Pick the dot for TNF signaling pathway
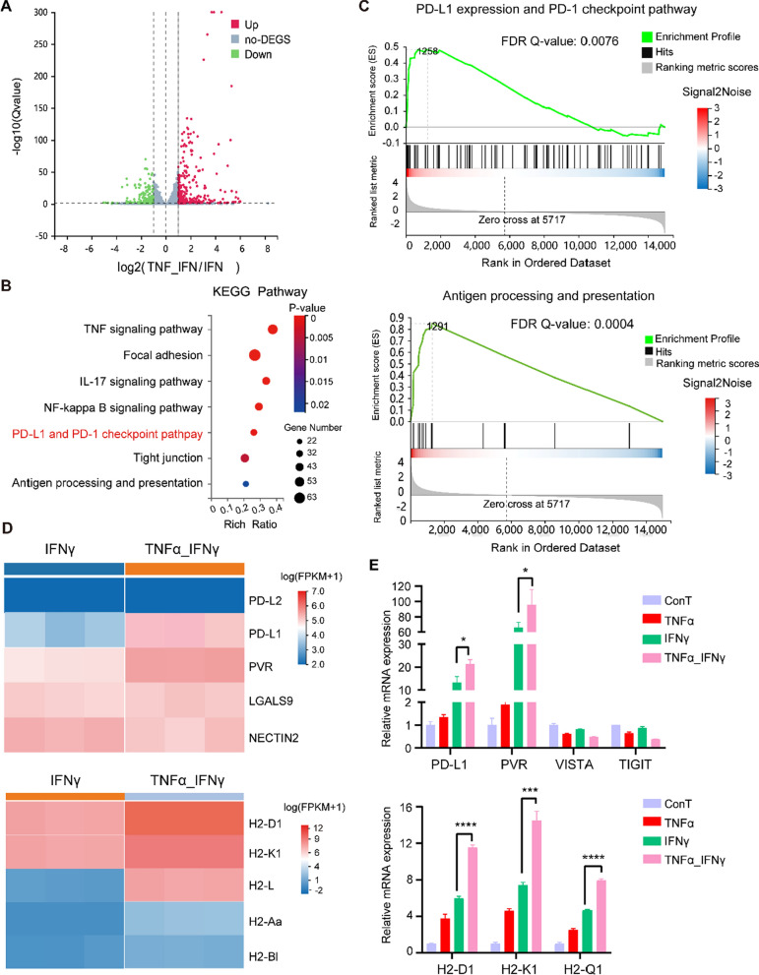point(273,329)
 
